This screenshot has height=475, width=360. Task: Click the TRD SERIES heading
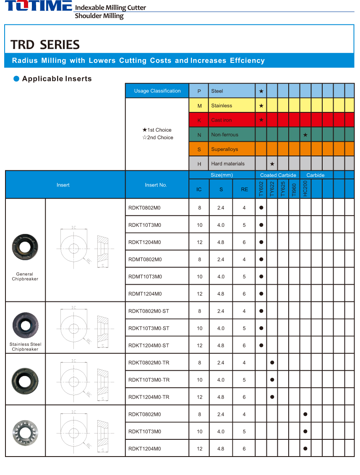[x=45, y=45]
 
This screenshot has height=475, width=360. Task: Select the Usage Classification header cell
[x=157, y=91]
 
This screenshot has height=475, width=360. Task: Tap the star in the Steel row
[x=261, y=91]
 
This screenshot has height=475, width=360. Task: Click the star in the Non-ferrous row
[x=305, y=135]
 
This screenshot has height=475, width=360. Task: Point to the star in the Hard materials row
[x=272, y=164]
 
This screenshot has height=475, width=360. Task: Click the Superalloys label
[x=224, y=149]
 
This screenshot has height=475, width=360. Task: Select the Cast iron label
[x=222, y=120]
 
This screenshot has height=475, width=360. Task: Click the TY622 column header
[x=272, y=189]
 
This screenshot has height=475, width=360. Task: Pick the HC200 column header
[x=305, y=189]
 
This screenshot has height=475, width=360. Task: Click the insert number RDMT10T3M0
[x=145, y=277]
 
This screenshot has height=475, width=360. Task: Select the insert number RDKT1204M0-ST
[x=149, y=345]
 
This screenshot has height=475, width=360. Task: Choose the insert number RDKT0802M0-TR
[x=149, y=363]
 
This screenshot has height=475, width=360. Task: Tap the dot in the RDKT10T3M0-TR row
[x=272, y=380]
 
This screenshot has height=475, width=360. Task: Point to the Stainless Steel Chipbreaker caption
[x=25, y=347]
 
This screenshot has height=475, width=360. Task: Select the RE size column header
[x=244, y=189]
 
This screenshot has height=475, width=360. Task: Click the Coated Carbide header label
[x=278, y=175]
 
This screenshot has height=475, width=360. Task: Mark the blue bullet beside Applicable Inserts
[x=16, y=79]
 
